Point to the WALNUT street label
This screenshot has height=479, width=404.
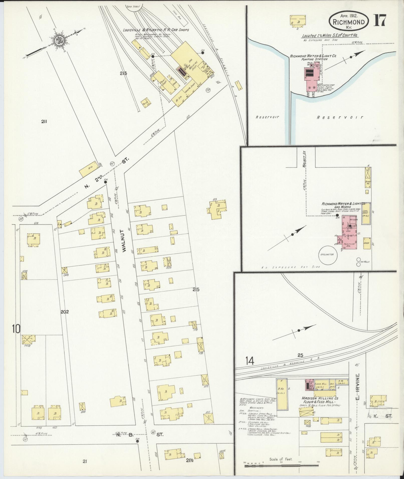coord(125,243)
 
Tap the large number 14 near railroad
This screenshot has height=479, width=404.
coord(250,361)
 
